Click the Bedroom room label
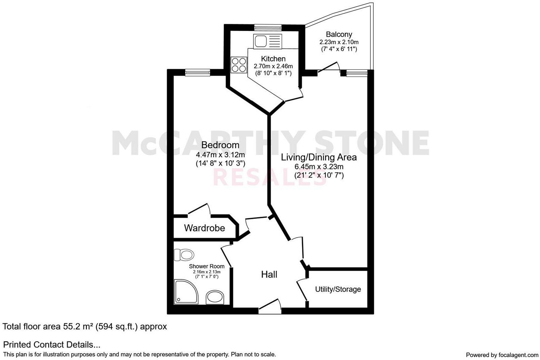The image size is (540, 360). click(x=220, y=145)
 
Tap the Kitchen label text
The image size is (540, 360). click(x=273, y=59)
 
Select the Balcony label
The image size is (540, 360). click(x=339, y=35)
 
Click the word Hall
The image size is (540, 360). click(x=269, y=275)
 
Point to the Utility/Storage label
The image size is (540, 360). click(x=338, y=289)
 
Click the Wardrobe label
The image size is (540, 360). click(x=204, y=228)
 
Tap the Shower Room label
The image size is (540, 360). click(x=207, y=266)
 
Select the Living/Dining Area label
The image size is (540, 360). click(x=319, y=157)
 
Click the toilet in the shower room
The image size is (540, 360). click(x=184, y=255)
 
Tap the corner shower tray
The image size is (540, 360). click(x=185, y=291)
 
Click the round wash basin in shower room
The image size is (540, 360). click(x=215, y=298)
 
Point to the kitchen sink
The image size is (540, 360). click(x=260, y=41)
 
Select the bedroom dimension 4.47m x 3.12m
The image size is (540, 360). click(x=220, y=155)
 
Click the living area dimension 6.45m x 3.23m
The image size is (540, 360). click(x=319, y=167)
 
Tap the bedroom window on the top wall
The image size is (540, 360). click(x=198, y=73)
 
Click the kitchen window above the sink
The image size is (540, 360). click(x=267, y=27)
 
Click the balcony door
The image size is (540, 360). click(x=329, y=69)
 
